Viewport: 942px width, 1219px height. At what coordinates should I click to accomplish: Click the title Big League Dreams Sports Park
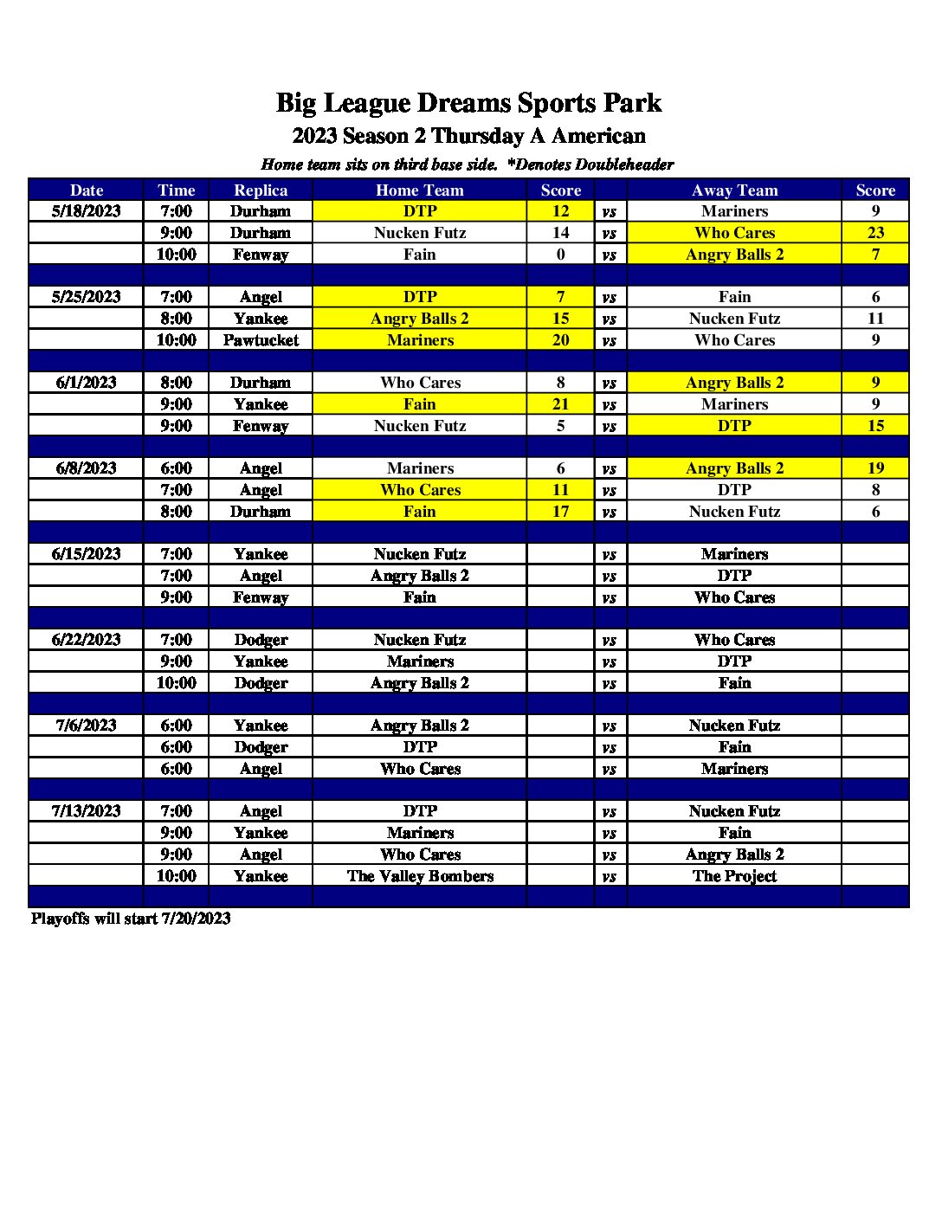click(468, 103)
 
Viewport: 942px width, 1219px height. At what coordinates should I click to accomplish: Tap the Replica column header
click(261, 190)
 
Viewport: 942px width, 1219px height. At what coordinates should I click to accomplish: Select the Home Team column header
click(420, 190)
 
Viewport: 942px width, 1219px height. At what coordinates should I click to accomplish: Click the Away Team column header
click(734, 190)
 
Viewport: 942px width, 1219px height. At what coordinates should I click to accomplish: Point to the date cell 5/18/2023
click(86, 211)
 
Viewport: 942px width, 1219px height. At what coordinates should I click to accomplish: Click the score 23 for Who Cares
click(875, 233)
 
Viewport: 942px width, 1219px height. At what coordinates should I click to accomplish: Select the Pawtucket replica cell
click(261, 340)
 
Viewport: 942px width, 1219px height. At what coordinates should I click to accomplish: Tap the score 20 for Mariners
click(560, 340)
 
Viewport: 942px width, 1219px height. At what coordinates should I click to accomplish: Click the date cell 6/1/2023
click(86, 383)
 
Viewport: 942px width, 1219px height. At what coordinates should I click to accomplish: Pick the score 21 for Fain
click(560, 404)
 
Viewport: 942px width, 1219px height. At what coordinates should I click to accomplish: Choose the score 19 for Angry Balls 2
click(875, 468)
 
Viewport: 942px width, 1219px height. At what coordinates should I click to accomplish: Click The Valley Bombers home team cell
click(420, 876)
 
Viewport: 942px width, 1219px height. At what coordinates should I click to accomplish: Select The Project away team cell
click(734, 876)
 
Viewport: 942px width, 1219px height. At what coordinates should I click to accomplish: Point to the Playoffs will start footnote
click(131, 919)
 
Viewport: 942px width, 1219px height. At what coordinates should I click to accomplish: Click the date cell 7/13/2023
click(86, 811)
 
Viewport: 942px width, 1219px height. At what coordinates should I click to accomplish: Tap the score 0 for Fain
click(560, 255)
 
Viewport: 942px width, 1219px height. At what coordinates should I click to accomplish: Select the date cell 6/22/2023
click(86, 640)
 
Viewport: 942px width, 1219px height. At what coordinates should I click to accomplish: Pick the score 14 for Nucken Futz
click(560, 233)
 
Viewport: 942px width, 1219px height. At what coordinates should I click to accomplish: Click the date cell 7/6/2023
click(86, 726)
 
